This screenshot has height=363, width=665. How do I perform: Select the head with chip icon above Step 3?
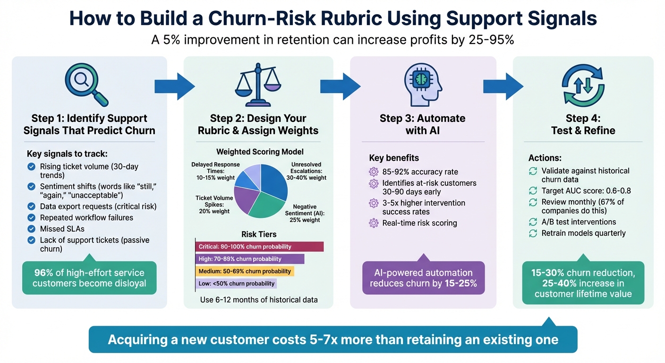tap(423, 85)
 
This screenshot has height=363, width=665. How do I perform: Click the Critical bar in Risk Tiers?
tap(259, 247)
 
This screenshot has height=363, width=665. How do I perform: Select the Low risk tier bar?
tap(235, 284)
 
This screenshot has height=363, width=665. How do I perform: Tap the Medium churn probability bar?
tap(244, 271)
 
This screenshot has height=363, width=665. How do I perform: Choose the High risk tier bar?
tap(249, 259)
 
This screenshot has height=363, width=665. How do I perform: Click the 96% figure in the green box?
tap(43, 273)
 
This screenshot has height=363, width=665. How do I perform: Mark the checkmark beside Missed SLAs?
tap(31, 229)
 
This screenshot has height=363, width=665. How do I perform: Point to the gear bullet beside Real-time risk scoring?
tap(374, 223)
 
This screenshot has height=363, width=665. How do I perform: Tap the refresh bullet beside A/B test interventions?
tap(533, 222)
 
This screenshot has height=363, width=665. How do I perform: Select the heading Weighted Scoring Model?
tap(260, 152)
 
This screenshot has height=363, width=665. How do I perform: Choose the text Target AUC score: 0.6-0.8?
tap(586, 191)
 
